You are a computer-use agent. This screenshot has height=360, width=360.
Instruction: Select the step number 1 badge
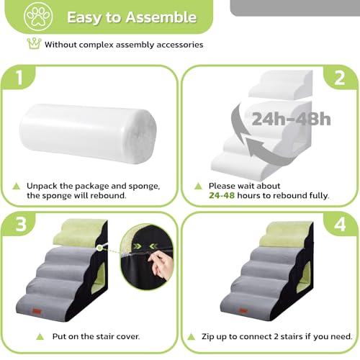(x=19, y=78)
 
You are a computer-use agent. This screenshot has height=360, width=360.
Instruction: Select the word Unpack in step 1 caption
(x=42, y=185)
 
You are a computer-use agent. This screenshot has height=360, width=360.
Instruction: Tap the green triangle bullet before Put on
(x=16, y=336)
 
